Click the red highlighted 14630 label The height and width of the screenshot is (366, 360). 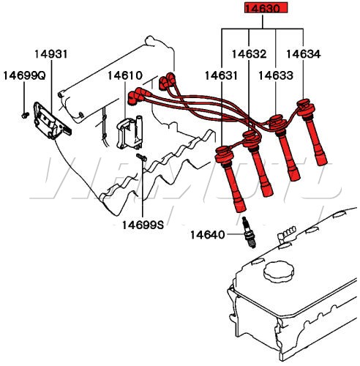[x=266, y=8]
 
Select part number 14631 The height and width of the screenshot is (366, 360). [x=221, y=75]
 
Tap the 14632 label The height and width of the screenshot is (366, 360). [x=249, y=54]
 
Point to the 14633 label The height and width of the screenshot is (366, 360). [x=276, y=75]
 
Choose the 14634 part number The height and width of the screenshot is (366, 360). [x=304, y=54]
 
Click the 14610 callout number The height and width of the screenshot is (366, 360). [x=125, y=75]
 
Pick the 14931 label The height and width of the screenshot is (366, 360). [x=51, y=54]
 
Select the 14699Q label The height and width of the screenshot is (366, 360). [x=24, y=75]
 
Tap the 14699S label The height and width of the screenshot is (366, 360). [x=143, y=225]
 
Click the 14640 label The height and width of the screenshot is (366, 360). [x=207, y=235]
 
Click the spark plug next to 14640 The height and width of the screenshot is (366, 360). [x=249, y=233]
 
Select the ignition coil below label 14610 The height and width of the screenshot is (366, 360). [x=130, y=132]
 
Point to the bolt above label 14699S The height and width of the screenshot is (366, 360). [x=141, y=157]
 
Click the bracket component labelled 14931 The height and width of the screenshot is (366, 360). [x=52, y=122]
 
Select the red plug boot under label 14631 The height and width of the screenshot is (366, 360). [x=230, y=179]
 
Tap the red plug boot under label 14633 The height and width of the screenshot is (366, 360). [x=285, y=147]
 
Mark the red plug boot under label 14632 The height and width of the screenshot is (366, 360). [x=258, y=163]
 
